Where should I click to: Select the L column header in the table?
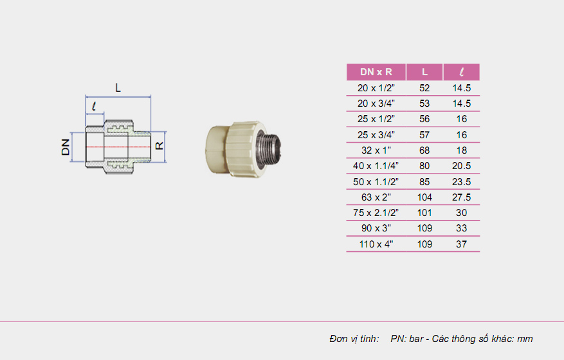point(425,72)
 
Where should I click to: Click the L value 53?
point(425,103)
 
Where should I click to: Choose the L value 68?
point(425,150)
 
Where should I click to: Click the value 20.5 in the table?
point(462,166)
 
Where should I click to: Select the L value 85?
point(425,181)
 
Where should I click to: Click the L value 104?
point(425,197)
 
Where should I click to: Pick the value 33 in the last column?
point(462,228)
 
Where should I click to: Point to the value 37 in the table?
point(462,244)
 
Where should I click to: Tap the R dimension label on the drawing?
point(161,146)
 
